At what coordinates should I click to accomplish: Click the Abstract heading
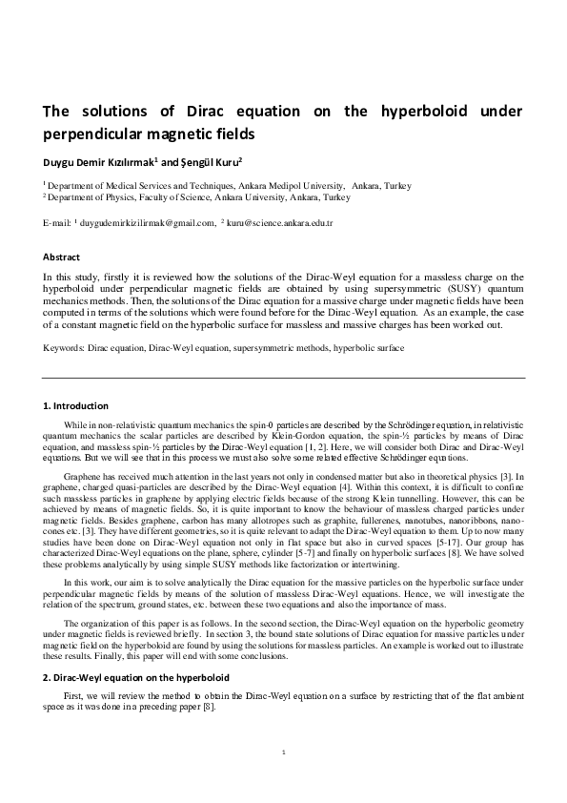point(61,257)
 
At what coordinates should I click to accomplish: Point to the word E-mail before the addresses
point(58,222)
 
